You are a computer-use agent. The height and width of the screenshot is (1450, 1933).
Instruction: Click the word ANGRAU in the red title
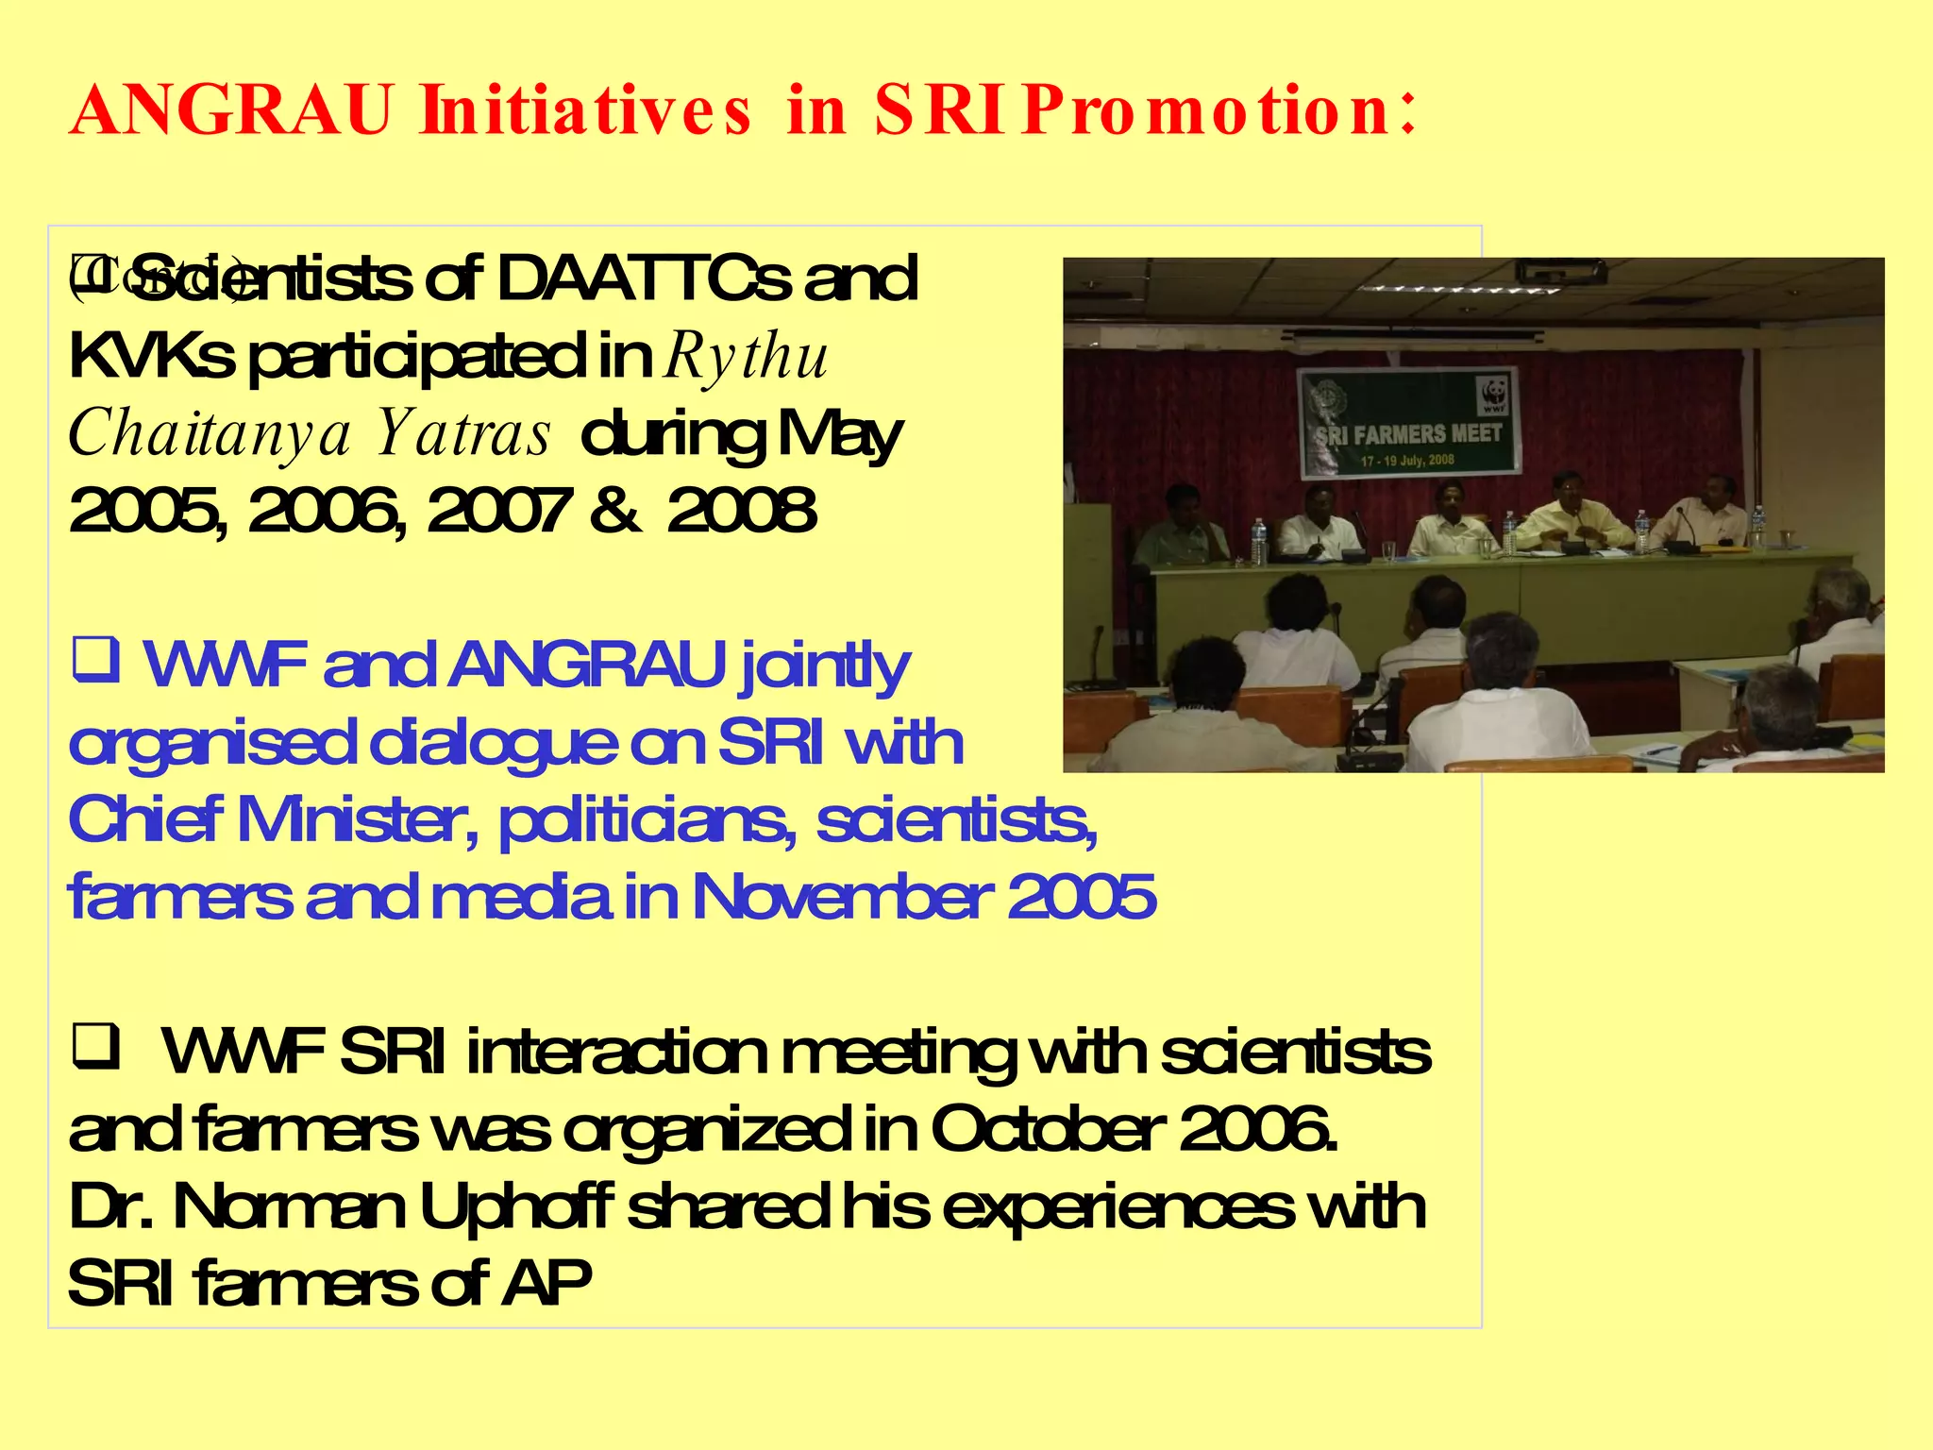tap(230, 111)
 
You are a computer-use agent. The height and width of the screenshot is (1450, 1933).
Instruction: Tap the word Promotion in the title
tap(1218, 111)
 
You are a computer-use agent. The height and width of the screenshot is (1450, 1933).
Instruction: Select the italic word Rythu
tap(746, 357)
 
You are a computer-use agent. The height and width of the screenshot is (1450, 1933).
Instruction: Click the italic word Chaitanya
tap(210, 434)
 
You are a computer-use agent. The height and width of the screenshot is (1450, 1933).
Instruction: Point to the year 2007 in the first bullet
tap(497, 511)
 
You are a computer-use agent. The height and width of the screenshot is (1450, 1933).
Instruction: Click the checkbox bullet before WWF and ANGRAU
tap(95, 660)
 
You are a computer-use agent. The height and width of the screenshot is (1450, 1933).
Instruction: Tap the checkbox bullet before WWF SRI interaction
tap(95, 1046)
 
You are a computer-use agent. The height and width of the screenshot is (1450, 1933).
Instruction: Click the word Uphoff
tap(515, 1206)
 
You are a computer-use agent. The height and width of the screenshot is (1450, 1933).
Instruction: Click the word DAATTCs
tap(643, 279)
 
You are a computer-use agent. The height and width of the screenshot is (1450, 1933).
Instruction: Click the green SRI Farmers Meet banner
tap(1408, 422)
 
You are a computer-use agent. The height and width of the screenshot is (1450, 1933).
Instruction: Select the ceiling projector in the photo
tap(1560, 273)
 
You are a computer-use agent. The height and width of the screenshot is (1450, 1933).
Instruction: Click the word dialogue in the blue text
tap(493, 743)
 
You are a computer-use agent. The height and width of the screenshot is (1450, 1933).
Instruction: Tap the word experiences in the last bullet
tap(1118, 1206)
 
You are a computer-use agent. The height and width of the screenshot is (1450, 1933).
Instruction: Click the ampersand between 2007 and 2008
tap(616, 511)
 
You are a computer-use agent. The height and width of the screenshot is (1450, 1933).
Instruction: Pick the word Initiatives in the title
tap(586, 111)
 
